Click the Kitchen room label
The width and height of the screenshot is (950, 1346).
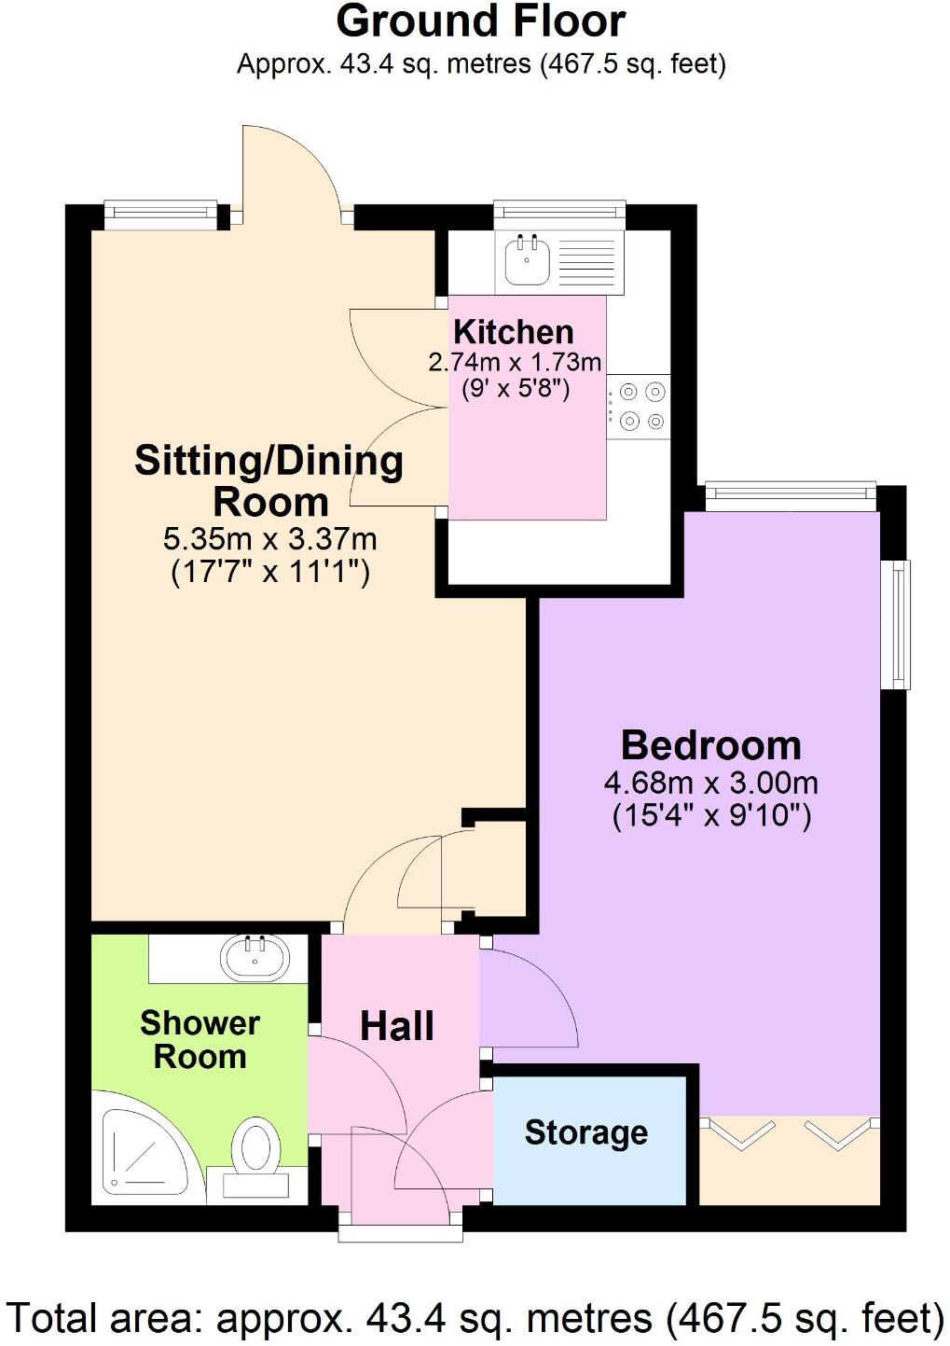pyautogui.click(x=513, y=332)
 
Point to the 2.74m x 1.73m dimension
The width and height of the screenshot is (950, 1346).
pyautogui.click(x=515, y=362)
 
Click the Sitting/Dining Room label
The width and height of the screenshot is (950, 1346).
pyautogui.click(x=268, y=480)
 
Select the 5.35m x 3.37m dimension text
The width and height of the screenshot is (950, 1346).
pyautogui.click(x=270, y=539)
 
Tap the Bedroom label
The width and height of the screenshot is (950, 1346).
pyautogui.click(x=710, y=745)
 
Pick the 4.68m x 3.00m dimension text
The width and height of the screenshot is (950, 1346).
pyautogui.click(x=710, y=783)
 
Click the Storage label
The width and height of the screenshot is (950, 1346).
pyautogui.click(x=585, y=1132)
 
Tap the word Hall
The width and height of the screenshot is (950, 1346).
pyautogui.click(x=397, y=1026)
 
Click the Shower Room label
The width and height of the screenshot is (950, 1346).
pyautogui.click(x=200, y=1040)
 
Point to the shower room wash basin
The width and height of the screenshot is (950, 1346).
pyautogui.click(x=254, y=957)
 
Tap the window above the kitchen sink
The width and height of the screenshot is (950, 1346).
pyautogui.click(x=558, y=214)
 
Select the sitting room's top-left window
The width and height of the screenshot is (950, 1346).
pyautogui.click(x=160, y=215)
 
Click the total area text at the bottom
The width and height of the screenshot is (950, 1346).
pyautogui.click(x=475, y=1319)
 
